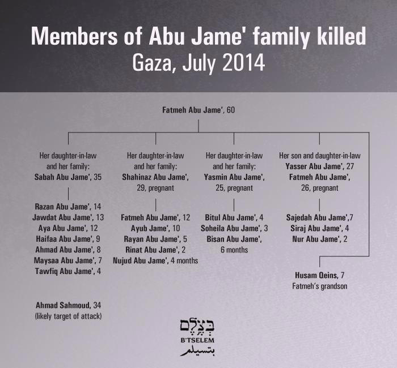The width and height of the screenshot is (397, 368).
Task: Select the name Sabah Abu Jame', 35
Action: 68,177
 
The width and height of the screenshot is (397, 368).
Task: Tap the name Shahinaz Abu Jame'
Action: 155,177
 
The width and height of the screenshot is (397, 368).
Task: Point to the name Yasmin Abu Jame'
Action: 234,177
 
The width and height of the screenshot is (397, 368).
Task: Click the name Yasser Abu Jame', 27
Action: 319,166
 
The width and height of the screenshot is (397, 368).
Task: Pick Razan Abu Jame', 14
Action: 68,207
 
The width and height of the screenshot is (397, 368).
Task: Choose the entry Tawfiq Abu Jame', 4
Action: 68,271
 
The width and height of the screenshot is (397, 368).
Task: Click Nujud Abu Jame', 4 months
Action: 155,260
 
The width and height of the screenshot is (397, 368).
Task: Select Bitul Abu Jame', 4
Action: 234,217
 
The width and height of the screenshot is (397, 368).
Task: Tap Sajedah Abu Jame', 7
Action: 320,217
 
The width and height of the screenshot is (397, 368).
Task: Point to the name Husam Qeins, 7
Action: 319,276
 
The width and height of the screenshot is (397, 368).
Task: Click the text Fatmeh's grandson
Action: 319,286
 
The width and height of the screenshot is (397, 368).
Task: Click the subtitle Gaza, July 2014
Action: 198,62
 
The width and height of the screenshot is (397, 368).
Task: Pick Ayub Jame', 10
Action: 155,228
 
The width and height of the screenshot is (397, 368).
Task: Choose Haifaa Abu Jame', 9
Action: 68,239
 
